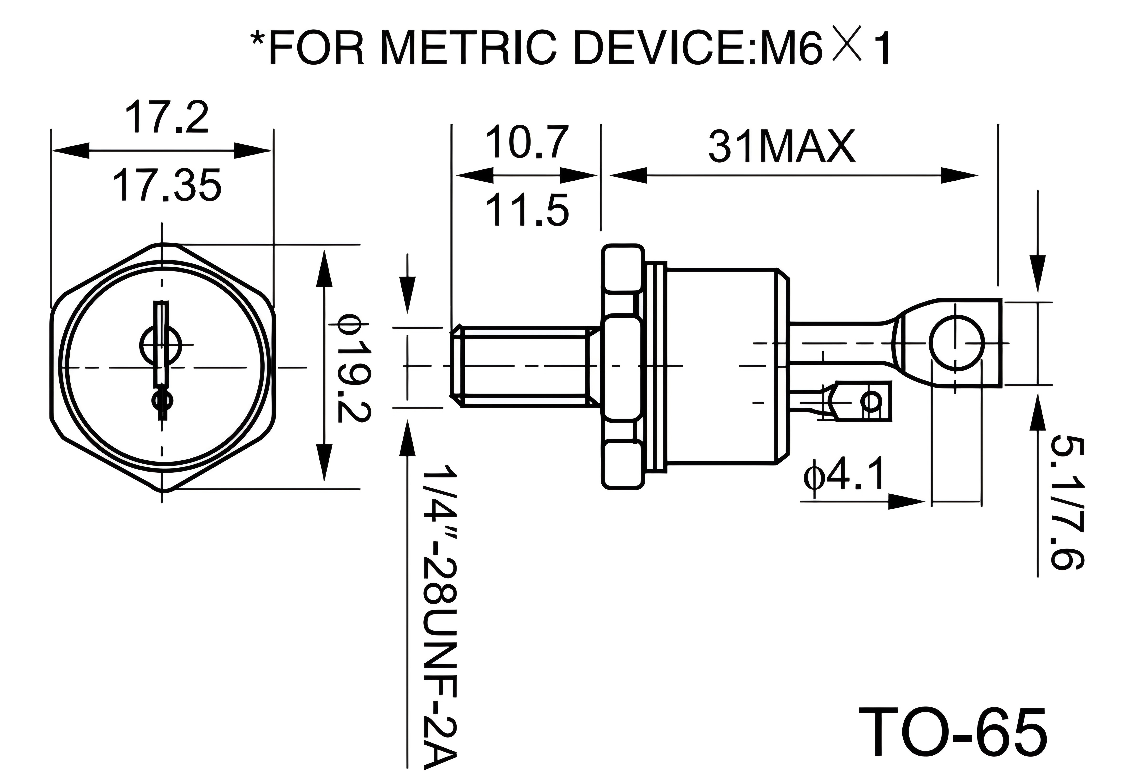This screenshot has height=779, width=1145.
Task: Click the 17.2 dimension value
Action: (167, 117)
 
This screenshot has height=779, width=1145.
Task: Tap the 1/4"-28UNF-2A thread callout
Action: (441, 615)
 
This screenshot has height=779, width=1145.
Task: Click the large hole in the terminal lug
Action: (957, 343)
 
